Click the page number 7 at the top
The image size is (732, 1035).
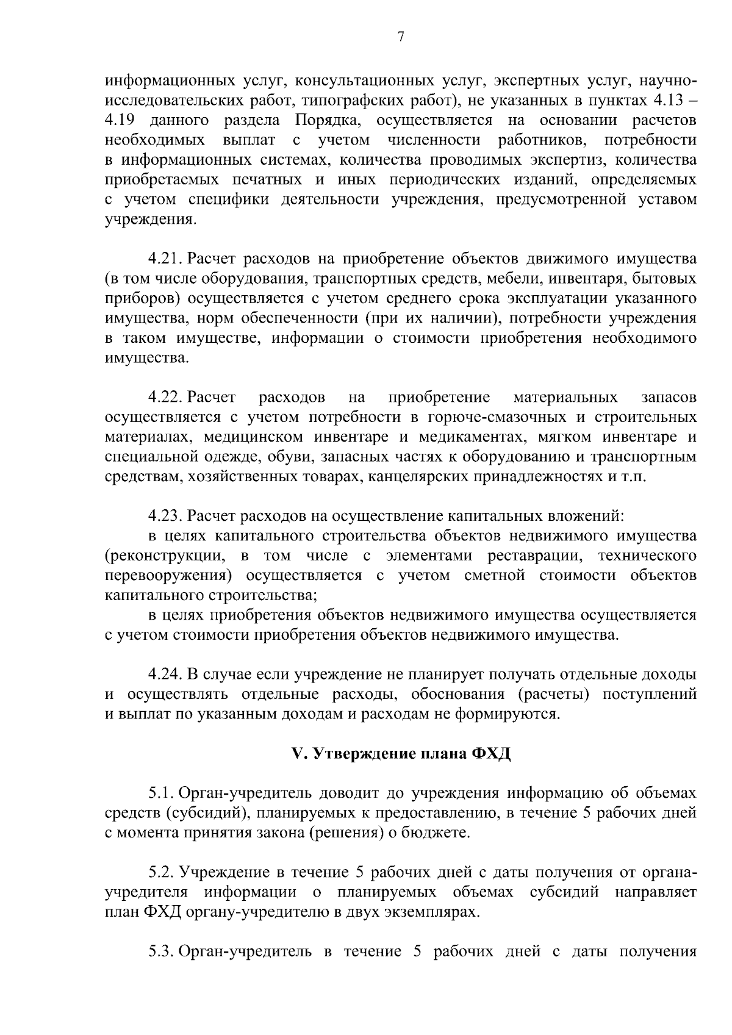coord(401,37)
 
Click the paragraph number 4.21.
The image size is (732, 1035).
coord(166,259)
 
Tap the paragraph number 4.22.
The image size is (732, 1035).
coord(166,398)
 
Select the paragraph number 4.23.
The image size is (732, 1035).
coord(166,516)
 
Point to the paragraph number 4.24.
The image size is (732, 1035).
coord(166,675)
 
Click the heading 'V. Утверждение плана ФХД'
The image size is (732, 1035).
coord(401,754)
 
